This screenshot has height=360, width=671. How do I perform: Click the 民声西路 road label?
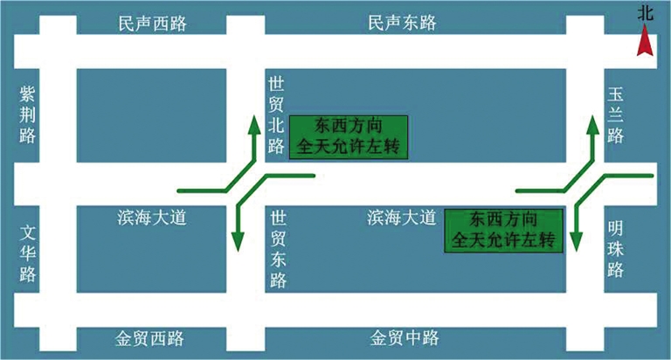(153, 24)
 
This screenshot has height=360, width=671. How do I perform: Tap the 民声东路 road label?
(402, 24)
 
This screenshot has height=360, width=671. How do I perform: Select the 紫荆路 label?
(28, 114)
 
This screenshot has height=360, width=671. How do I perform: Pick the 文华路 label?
(28, 253)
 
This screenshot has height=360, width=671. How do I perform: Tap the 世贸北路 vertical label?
(277, 114)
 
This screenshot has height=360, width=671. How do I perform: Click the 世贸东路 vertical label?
(279, 249)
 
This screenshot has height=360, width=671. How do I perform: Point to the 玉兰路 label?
(615, 114)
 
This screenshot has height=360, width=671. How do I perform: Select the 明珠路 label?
(615, 248)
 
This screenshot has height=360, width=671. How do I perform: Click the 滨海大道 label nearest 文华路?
(153, 217)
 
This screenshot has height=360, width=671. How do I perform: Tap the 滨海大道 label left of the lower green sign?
(402, 217)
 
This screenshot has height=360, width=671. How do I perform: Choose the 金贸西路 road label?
(153, 338)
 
